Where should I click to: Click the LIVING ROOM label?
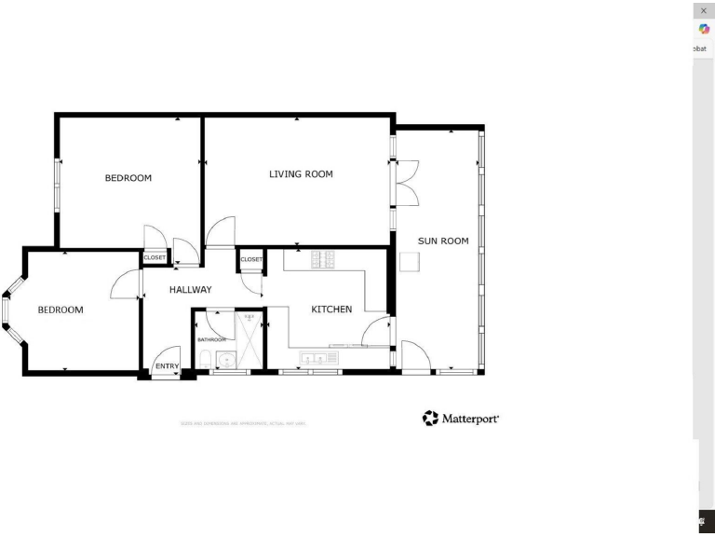301,174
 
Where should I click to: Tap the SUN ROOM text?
442,241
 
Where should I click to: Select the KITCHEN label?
331,309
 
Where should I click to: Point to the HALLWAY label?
190,290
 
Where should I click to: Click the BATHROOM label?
211,339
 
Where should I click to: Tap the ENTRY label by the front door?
167,366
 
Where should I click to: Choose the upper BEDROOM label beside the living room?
128,178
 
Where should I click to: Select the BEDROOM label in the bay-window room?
61,310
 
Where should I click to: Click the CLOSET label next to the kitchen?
251,259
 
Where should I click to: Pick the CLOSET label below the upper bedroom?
155,257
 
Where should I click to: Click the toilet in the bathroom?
203,361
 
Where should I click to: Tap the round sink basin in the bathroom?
224,361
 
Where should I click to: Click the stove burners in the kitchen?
322,260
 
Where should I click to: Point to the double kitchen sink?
313,358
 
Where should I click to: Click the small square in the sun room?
407,263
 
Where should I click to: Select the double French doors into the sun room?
407,183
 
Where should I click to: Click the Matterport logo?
461,419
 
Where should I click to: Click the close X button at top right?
704,10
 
